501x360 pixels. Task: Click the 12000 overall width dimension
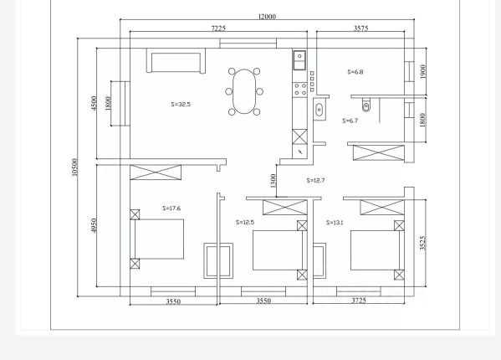[267, 16]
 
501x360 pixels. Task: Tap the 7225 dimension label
[218, 28]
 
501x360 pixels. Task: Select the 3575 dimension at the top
[360, 28]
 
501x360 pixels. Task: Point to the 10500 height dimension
[74, 167]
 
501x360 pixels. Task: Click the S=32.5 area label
[181, 104]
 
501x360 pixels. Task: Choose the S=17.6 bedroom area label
[171, 208]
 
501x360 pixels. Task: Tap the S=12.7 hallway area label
[315, 180]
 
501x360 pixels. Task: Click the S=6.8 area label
[355, 72]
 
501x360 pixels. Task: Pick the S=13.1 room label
[335, 223]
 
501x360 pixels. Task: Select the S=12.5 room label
[245, 222]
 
